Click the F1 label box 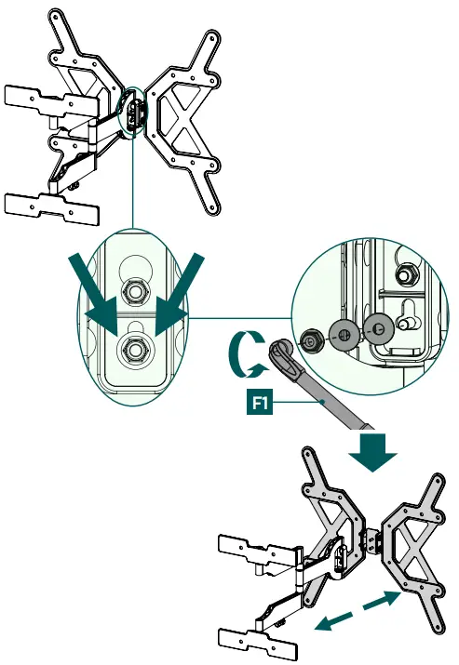pyautogui.click(x=260, y=403)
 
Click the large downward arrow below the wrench pyautogui.click(x=372, y=452)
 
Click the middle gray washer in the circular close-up pyautogui.click(x=344, y=334)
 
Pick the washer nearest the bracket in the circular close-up pyautogui.click(x=378, y=327)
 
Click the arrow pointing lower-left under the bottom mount pyautogui.click(x=335, y=621)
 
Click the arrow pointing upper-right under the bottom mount pyautogui.click(x=382, y=600)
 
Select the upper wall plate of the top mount pyautogui.click(x=52, y=102)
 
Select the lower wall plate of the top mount pyautogui.click(x=52, y=207)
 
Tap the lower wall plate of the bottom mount pyautogui.click(x=258, y=642)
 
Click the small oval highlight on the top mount pyautogui.click(x=133, y=111)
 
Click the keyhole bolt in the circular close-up pyautogui.click(x=406, y=324)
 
